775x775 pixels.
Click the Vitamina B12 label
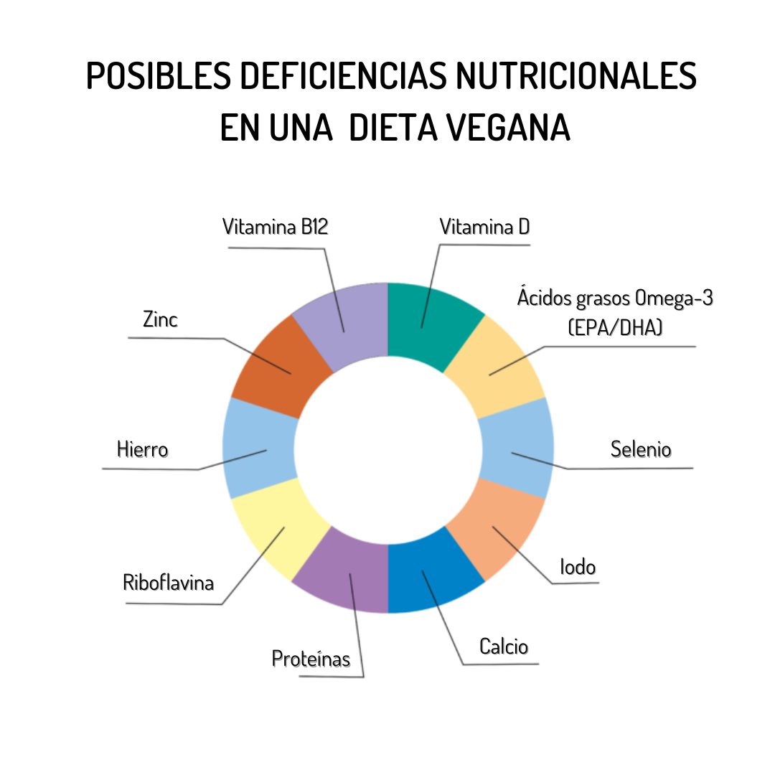click(276, 227)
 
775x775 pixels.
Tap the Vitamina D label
click(485, 227)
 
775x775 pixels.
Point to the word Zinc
click(160, 319)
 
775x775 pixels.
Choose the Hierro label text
click(142, 450)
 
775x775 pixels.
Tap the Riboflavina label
click(169, 582)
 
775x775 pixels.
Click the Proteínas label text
click(311, 658)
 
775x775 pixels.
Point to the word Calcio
click(504, 647)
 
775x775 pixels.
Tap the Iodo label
click(578, 567)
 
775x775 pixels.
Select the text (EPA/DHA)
click(614, 327)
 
